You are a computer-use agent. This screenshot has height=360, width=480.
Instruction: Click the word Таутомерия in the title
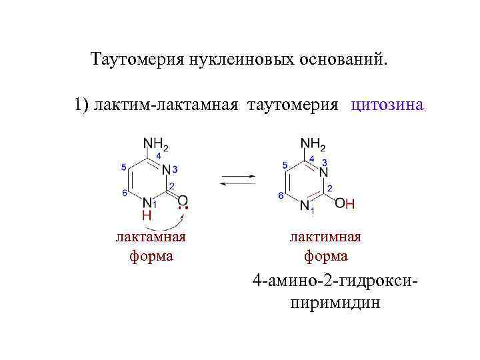[134, 61]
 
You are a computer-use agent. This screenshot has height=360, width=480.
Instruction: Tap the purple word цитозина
[387, 105]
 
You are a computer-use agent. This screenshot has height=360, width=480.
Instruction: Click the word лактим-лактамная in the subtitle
[167, 105]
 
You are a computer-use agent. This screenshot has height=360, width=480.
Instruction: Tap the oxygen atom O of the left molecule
[183, 199]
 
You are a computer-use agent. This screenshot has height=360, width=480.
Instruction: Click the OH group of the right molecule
[345, 203]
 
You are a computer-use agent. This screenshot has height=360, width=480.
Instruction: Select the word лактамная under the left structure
[151, 237]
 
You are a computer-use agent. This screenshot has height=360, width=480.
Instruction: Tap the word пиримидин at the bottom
[325, 303]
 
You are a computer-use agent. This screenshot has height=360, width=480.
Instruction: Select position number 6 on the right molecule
[281, 195]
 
